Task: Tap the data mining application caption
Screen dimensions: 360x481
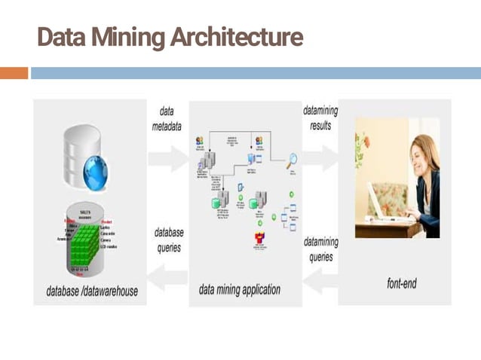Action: pos(240,289)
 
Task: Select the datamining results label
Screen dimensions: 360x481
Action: pos(320,118)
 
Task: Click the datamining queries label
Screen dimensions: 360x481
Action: pos(320,249)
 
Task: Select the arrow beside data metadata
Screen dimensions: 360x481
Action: pos(167,157)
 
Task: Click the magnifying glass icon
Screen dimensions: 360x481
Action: pos(292,159)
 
